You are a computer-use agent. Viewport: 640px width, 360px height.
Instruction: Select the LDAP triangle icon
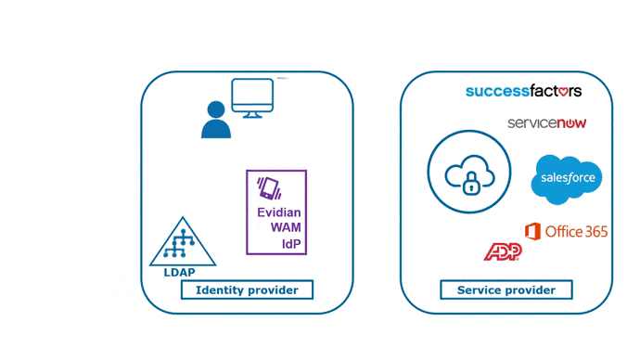tap(182, 243)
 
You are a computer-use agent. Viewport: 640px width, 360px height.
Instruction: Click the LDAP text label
tap(181, 273)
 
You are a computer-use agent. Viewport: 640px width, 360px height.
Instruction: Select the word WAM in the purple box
tap(279, 228)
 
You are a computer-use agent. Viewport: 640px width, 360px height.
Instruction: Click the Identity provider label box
tap(247, 290)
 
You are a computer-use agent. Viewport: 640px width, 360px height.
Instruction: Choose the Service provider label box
tap(506, 290)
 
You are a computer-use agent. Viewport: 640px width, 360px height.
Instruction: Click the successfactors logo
tap(523, 91)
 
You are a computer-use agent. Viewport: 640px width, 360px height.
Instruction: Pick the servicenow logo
tap(547, 122)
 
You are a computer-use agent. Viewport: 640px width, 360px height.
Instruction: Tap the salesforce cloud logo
tap(566, 179)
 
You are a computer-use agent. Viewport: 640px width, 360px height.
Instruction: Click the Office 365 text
tap(576, 231)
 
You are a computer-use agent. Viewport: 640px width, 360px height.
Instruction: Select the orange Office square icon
tap(532, 230)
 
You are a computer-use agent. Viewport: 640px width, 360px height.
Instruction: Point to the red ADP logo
tap(502, 251)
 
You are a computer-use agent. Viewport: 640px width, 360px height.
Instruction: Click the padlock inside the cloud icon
tap(470, 184)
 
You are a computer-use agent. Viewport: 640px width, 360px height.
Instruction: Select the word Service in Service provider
tap(480, 290)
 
